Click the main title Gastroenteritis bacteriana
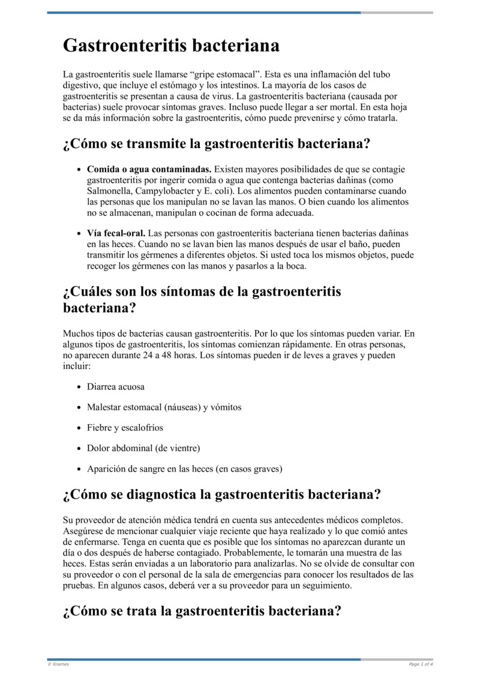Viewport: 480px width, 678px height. pyautogui.click(x=171, y=46)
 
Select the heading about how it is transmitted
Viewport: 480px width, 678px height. pyautogui.click(x=216, y=145)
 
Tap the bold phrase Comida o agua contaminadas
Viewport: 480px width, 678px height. pyautogui.click(x=149, y=169)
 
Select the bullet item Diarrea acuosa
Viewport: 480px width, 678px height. pyautogui.click(x=116, y=387)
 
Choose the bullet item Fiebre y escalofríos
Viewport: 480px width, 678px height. pyautogui.click(x=125, y=428)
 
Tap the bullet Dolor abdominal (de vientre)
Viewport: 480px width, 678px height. pyautogui.click(x=143, y=448)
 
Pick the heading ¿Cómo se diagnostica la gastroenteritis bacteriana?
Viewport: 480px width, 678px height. pyautogui.click(x=221, y=495)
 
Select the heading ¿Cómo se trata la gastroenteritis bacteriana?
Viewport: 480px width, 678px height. pyautogui.click(x=202, y=611)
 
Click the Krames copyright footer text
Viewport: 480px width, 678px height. pyautogui.click(x=58, y=664)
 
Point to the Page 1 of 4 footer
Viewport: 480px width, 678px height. pyautogui.click(x=421, y=664)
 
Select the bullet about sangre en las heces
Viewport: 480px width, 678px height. pyautogui.click(x=184, y=469)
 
